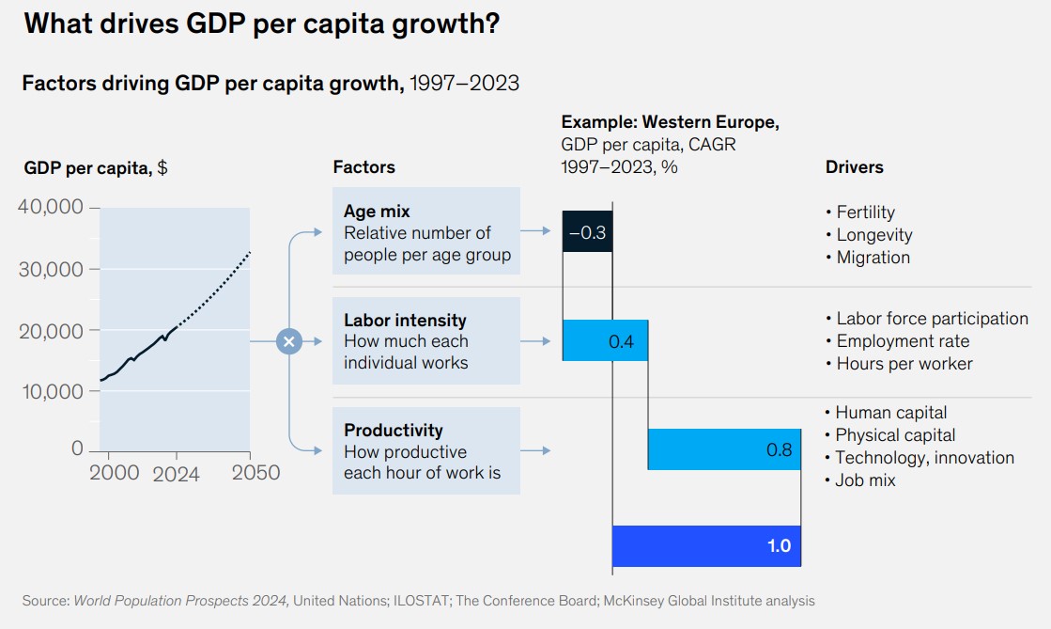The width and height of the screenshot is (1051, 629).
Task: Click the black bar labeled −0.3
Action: pyautogui.click(x=587, y=232)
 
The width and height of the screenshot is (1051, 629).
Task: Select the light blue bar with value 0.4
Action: pyautogui.click(x=605, y=340)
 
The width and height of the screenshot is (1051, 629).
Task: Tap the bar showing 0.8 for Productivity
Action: pyautogui.click(x=724, y=449)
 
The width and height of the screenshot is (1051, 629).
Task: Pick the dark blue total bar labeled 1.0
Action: pyautogui.click(x=706, y=545)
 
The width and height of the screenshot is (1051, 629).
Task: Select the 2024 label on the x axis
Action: pyautogui.click(x=177, y=474)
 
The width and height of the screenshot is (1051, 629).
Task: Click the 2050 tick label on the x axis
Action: pyautogui.click(x=250, y=472)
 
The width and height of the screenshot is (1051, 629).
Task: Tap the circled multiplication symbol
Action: pyautogui.click(x=289, y=341)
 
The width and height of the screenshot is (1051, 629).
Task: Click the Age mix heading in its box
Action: pyautogui.click(x=377, y=212)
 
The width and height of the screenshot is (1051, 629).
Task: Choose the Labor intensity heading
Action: pyautogui.click(x=405, y=321)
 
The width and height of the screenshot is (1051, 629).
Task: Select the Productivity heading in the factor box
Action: pyautogui.click(x=393, y=431)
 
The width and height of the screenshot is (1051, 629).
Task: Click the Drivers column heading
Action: pyautogui.click(x=854, y=167)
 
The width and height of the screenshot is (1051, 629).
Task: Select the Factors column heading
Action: pyautogui.click(x=363, y=167)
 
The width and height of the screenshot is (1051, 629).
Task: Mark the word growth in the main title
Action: pyautogui.click(x=442, y=25)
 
